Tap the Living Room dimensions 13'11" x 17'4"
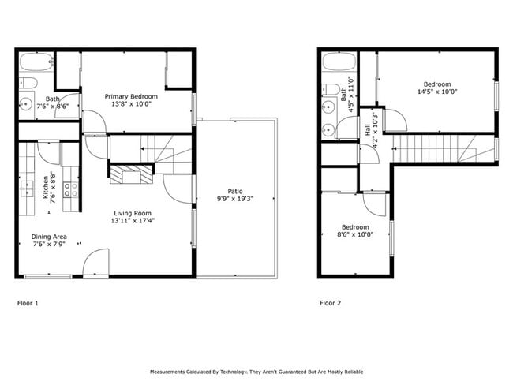[x=133, y=221]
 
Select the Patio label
[x=235, y=191]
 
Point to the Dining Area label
[x=48, y=237]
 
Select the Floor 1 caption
[x=28, y=302]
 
